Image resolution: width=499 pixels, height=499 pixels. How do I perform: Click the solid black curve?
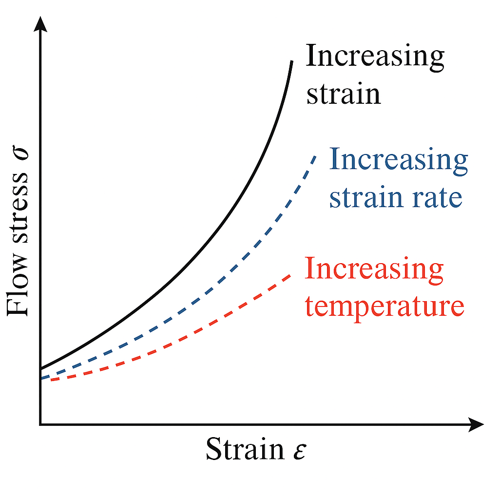pos(195,258)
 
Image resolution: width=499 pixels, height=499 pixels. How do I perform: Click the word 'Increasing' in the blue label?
pos(398,161)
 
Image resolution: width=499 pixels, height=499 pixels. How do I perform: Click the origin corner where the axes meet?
pos(41,424)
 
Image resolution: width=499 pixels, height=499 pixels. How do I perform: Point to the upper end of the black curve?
pos(292,62)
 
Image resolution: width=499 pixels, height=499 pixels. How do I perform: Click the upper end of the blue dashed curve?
pos(316,156)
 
